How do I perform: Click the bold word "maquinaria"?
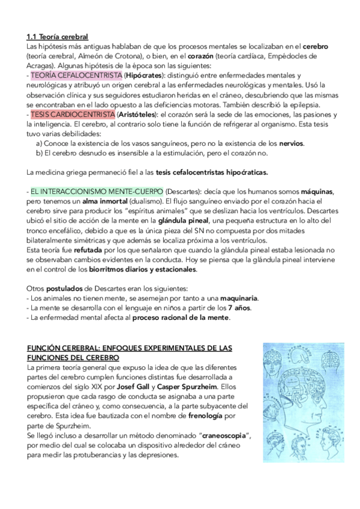pyautogui.click(x=236, y=298)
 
